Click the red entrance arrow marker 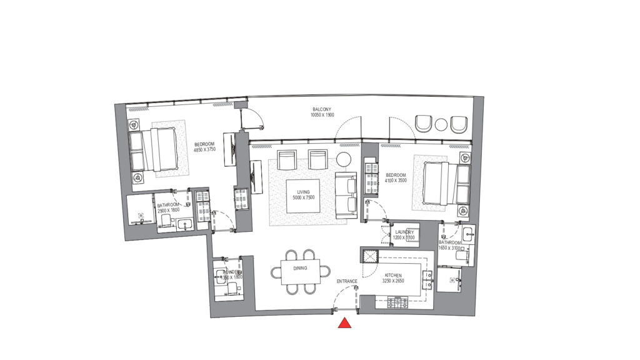(x=344, y=323)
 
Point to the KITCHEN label (x=392, y=274)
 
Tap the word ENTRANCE (x=347, y=281)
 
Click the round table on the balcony (x=442, y=124)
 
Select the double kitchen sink (x=428, y=279)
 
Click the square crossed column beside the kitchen (x=369, y=256)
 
